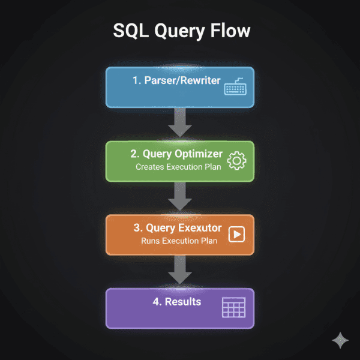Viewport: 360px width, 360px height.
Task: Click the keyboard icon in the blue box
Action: coord(236,88)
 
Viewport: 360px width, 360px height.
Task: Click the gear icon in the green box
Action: coord(238,161)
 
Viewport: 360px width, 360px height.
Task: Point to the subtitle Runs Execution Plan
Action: coord(179,241)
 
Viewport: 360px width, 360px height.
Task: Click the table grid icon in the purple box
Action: coord(233,307)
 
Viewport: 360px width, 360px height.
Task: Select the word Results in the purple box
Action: coord(184,301)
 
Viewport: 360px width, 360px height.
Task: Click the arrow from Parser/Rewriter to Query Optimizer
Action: coord(179,124)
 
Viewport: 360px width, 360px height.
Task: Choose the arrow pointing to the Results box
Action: coord(179,271)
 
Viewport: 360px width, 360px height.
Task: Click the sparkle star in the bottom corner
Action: coord(340,340)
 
